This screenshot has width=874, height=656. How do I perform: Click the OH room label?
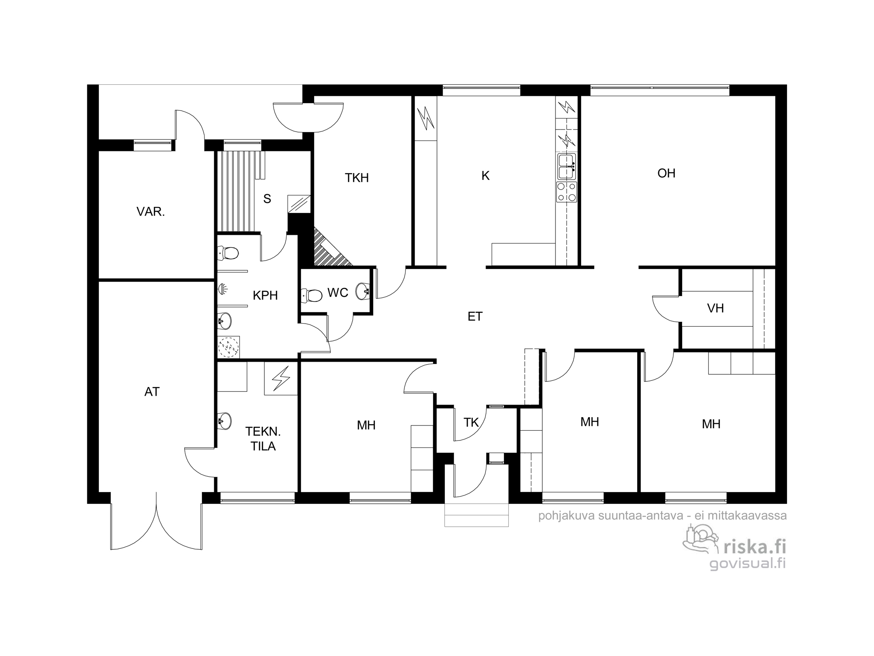(x=666, y=173)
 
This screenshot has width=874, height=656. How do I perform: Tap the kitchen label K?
(x=486, y=176)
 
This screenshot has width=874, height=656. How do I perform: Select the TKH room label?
(x=357, y=178)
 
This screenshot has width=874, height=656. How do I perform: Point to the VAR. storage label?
(x=151, y=212)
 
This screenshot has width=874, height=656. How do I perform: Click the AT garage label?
(x=152, y=392)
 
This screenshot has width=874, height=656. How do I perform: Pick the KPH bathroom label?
(x=265, y=296)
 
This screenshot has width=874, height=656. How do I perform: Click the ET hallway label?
(x=475, y=317)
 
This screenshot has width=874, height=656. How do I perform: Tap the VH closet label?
(x=715, y=309)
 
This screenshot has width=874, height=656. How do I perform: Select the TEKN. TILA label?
(x=263, y=439)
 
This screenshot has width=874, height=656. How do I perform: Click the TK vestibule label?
(x=471, y=422)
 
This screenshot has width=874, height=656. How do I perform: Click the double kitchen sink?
(x=566, y=166)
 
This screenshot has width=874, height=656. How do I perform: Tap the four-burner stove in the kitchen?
(x=566, y=192)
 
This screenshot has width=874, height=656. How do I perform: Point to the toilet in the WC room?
(x=312, y=295)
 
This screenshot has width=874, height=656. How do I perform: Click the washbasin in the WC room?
(x=363, y=291)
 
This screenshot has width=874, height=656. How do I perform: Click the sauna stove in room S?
(x=299, y=204)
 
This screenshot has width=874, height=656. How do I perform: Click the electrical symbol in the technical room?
(x=281, y=379)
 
